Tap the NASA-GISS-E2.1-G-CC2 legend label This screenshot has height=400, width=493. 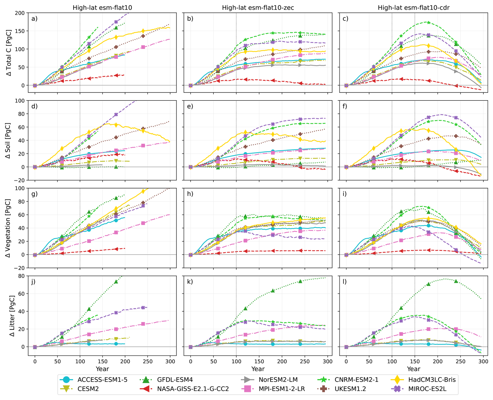pyautogui.click(x=193, y=389)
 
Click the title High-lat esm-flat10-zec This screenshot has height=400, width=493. pyautogui.click(x=258, y=8)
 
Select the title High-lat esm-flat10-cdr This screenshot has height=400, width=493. pyautogui.click(x=414, y=8)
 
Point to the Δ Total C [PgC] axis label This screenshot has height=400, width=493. pyautogui.click(x=9, y=53)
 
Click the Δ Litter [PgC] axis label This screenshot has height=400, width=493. pyautogui.click(x=12, y=316)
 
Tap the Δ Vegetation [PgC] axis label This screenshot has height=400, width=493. pyautogui.click(x=9, y=228)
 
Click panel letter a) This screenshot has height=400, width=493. pyautogui.click(x=34, y=19)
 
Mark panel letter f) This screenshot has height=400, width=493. pyautogui.click(x=345, y=106)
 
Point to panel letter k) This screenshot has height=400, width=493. pyautogui.click(x=190, y=282)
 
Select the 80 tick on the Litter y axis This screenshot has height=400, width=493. pyautogui.click(x=22, y=276)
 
